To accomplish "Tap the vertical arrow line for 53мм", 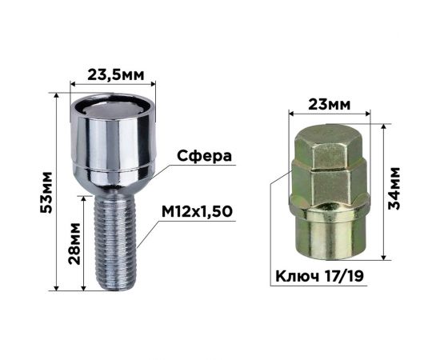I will [58, 192].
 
